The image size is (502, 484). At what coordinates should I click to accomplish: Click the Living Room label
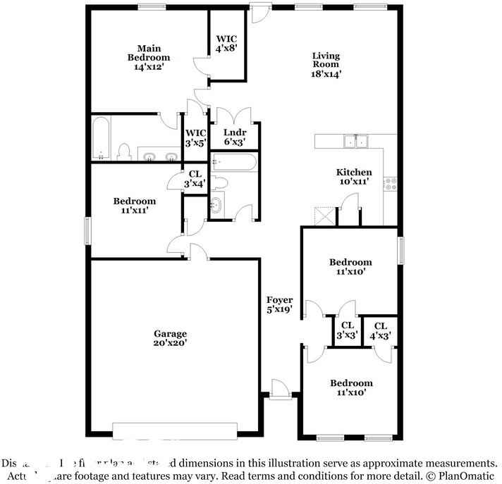326,64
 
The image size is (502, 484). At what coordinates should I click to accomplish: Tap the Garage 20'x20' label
170,338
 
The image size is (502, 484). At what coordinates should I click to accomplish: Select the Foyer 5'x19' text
279,305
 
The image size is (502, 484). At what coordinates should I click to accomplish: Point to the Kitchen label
353,177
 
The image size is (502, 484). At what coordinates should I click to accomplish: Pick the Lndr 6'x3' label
234,137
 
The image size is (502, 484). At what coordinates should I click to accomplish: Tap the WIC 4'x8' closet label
227,44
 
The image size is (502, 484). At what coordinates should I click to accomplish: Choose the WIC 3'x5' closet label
195,137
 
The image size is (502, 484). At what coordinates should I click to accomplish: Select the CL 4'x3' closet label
381,330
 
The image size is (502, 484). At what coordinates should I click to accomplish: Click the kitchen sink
356,141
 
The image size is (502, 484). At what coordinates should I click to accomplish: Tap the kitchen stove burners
390,183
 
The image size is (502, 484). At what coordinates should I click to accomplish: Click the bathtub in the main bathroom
100,137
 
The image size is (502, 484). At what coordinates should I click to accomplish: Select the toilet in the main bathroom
125,151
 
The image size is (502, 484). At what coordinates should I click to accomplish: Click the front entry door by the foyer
278,390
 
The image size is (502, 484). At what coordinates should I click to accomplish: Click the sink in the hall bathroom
216,206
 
